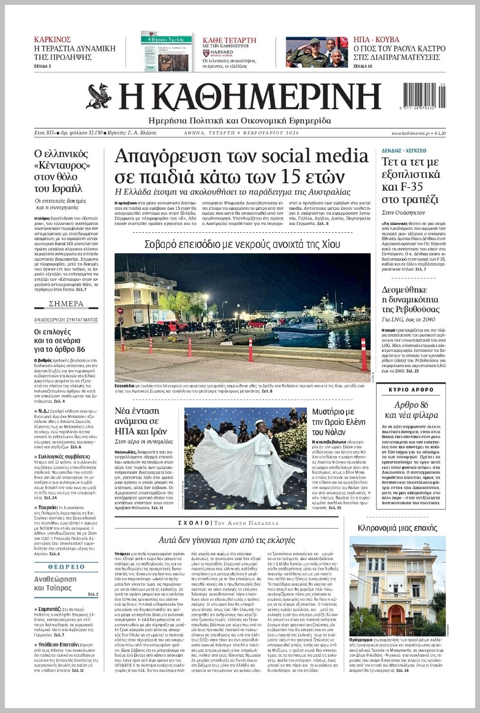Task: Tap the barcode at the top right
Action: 424,96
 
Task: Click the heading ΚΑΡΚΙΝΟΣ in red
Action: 52,40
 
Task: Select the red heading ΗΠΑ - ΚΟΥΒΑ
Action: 376,40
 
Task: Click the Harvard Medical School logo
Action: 218,53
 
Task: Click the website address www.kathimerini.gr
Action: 410,133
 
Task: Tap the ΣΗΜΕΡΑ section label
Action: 66,304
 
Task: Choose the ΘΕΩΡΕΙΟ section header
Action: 66,567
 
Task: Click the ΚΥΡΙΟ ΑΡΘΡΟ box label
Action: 411,390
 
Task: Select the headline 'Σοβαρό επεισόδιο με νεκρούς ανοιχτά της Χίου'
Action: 242,244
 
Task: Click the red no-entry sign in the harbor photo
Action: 120,311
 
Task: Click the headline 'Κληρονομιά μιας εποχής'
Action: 397,528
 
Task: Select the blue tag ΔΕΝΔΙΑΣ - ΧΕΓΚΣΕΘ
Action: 404,150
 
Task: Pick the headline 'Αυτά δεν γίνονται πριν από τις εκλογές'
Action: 227,540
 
